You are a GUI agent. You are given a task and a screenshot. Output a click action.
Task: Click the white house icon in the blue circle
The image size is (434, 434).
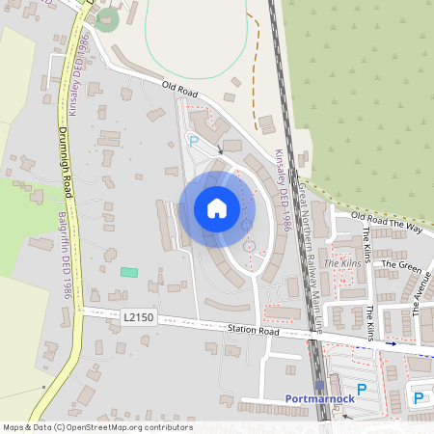[217, 208]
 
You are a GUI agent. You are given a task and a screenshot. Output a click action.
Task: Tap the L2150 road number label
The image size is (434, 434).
[137, 316]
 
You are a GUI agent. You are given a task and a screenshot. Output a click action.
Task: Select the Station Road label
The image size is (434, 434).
[253, 330]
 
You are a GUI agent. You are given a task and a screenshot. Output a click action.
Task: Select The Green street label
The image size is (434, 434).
[401, 263]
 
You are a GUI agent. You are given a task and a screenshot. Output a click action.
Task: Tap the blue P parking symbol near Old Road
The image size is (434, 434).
[193, 141]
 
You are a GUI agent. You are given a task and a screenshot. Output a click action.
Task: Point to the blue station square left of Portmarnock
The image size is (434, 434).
[320, 385]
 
